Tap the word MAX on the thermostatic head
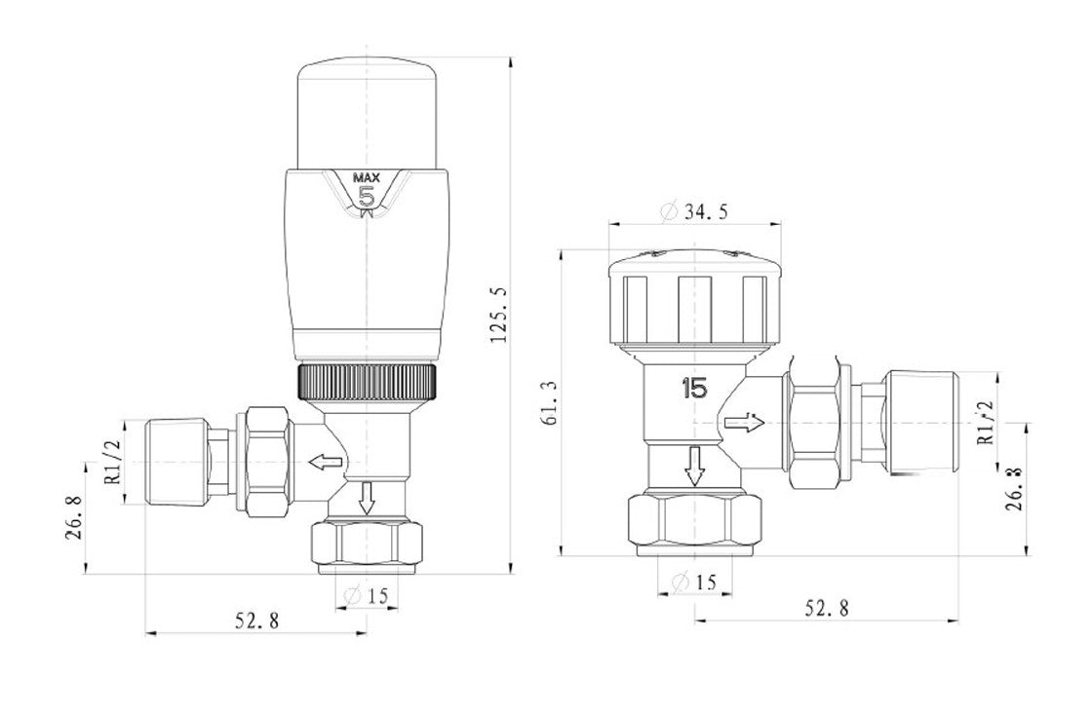(x=366, y=178)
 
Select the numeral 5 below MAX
(x=367, y=197)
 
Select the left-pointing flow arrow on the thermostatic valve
(x=326, y=461)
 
